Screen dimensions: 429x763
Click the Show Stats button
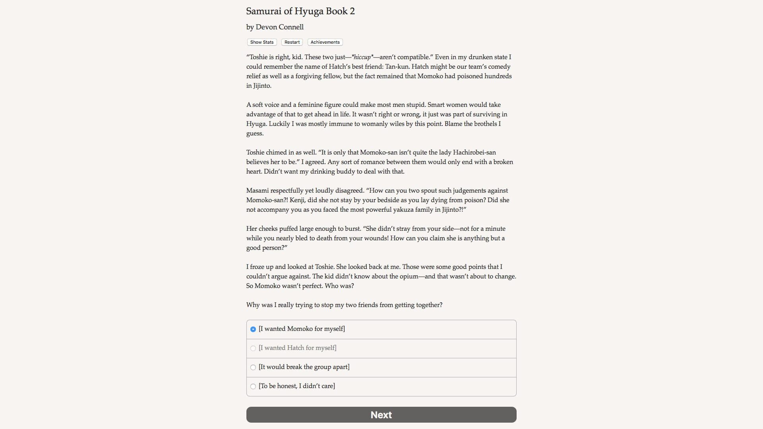pyautogui.click(x=262, y=42)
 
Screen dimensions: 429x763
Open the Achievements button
pyautogui.click(x=325, y=42)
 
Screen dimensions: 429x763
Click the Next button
pyautogui.click(x=381, y=415)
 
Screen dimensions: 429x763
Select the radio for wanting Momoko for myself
pyautogui.click(x=253, y=329)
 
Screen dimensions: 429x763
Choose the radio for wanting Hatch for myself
pyautogui.click(x=253, y=348)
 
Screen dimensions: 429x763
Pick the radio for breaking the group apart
pyautogui.click(x=253, y=367)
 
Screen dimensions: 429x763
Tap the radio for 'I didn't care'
pyautogui.click(x=253, y=386)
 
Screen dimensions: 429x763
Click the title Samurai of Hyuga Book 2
pyautogui.click(x=300, y=11)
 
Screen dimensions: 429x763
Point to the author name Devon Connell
pyautogui.click(x=279, y=27)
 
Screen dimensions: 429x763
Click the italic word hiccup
pyautogui.click(x=362, y=57)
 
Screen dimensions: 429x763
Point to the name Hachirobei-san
pyautogui.click(x=474, y=153)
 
